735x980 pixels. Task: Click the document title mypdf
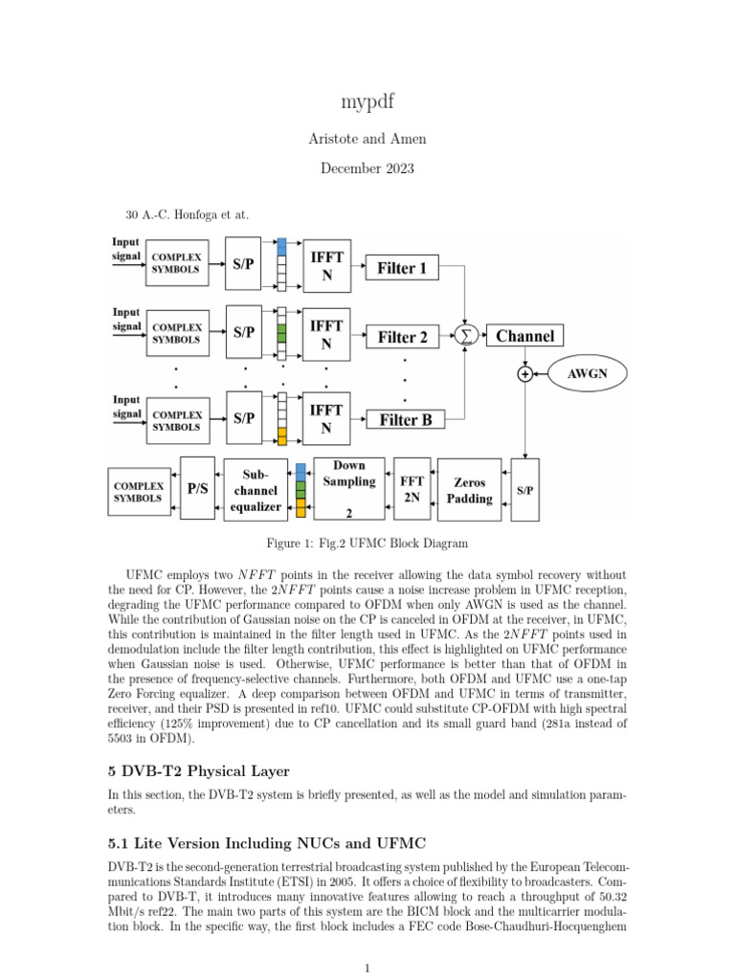(367, 101)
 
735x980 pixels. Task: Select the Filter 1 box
(402, 268)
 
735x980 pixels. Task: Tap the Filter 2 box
(402, 337)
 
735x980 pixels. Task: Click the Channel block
(524, 336)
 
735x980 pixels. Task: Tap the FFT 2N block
(412, 488)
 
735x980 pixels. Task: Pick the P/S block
(197, 488)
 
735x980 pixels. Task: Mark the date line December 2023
(367, 168)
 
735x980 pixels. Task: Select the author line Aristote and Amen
(367, 139)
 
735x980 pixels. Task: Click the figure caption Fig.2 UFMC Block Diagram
(367, 544)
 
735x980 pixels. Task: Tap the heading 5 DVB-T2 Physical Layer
(197, 771)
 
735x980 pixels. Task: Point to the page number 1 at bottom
(367, 968)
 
